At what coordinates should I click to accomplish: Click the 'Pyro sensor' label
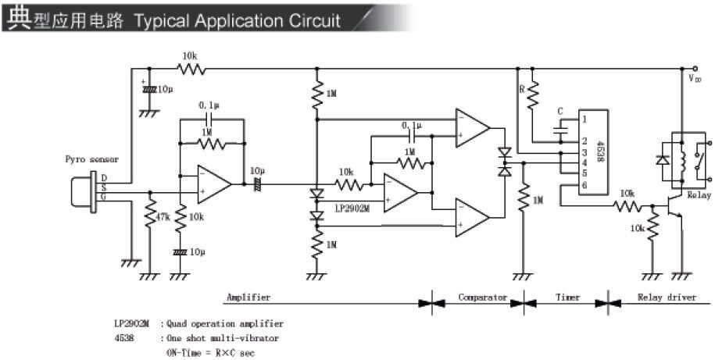point(91,159)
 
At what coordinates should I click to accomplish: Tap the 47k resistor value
point(162,216)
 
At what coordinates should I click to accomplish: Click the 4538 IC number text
point(599,150)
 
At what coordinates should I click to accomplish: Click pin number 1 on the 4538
point(584,119)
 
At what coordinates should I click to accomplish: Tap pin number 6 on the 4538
point(584,185)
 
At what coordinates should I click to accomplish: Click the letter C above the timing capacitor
point(559,112)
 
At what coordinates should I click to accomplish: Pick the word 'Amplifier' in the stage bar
point(248,298)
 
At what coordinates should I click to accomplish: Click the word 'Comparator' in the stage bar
point(483,298)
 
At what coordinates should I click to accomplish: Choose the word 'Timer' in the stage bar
point(567,298)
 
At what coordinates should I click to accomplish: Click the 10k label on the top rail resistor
point(190,55)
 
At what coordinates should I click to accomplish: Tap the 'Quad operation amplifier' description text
point(227,323)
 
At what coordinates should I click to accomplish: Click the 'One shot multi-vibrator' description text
point(223,338)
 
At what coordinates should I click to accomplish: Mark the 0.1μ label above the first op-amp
point(209,104)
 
